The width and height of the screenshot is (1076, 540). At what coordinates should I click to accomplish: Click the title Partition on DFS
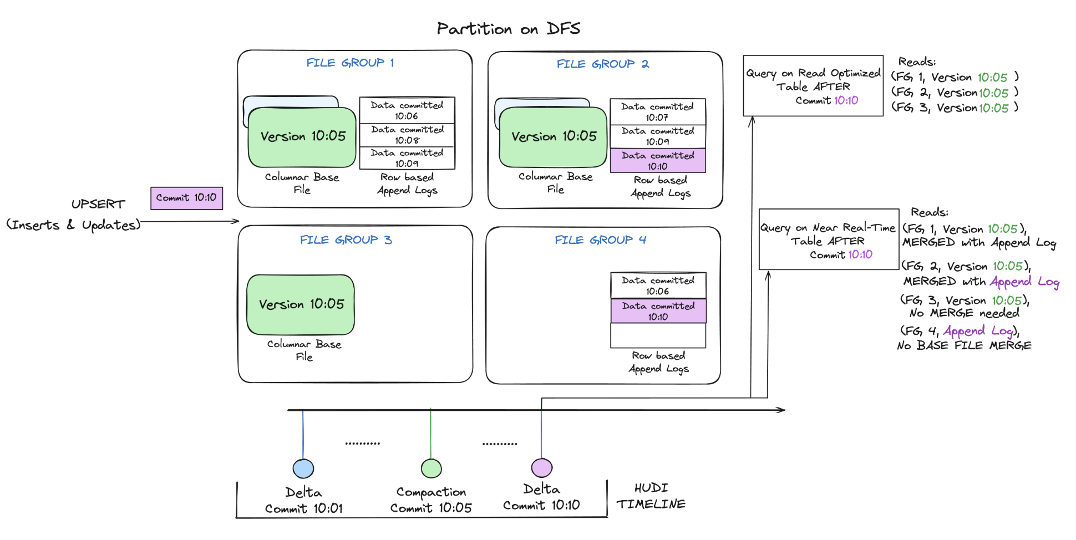[508, 29]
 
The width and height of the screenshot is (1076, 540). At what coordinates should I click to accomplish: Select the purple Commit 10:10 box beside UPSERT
[186, 198]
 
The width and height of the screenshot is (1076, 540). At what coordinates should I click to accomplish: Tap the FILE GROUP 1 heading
[350, 63]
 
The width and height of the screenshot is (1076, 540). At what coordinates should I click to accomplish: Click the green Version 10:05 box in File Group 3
[301, 304]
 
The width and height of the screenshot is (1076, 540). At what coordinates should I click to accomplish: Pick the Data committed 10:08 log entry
[407, 135]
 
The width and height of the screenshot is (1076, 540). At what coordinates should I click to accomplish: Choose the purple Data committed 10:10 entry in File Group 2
[658, 161]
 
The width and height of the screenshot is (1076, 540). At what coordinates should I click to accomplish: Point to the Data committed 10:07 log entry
[658, 111]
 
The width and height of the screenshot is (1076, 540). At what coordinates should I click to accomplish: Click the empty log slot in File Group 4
[658, 335]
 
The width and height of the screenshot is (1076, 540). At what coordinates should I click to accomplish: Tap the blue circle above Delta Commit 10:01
[303, 468]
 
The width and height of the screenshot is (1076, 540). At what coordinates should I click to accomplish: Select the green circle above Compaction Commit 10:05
[431, 468]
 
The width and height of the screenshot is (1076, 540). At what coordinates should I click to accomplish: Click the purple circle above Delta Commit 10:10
[542, 468]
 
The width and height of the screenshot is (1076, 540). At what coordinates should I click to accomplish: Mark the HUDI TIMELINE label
[651, 496]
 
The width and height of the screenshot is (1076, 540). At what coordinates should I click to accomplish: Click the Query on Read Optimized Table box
[813, 86]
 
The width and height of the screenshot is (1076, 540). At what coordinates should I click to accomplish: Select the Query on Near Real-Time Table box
[829, 240]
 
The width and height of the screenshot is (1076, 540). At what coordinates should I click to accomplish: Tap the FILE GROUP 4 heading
[601, 240]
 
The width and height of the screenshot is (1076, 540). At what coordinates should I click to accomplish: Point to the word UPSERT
[98, 204]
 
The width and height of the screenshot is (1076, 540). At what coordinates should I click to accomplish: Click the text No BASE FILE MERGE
[964, 345]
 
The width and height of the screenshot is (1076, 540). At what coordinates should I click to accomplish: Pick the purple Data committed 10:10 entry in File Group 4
[658, 311]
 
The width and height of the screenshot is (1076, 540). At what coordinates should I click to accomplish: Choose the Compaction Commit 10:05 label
[431, 500]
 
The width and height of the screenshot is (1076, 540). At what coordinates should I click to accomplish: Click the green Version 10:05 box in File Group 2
[553, 136]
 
